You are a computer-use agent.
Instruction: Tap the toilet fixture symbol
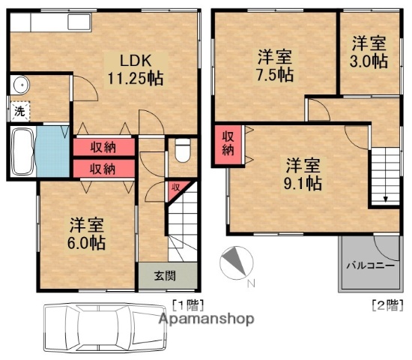[181, 152]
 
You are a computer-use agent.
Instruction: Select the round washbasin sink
[18, 84]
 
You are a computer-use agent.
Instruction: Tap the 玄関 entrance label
[166, 275]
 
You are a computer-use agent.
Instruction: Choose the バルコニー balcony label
[369, 265]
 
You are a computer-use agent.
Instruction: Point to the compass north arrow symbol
[234, 262]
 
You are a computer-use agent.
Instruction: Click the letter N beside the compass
[251, 283]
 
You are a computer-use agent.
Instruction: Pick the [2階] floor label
[384, 304]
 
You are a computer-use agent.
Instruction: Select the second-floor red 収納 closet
[228, 142]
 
